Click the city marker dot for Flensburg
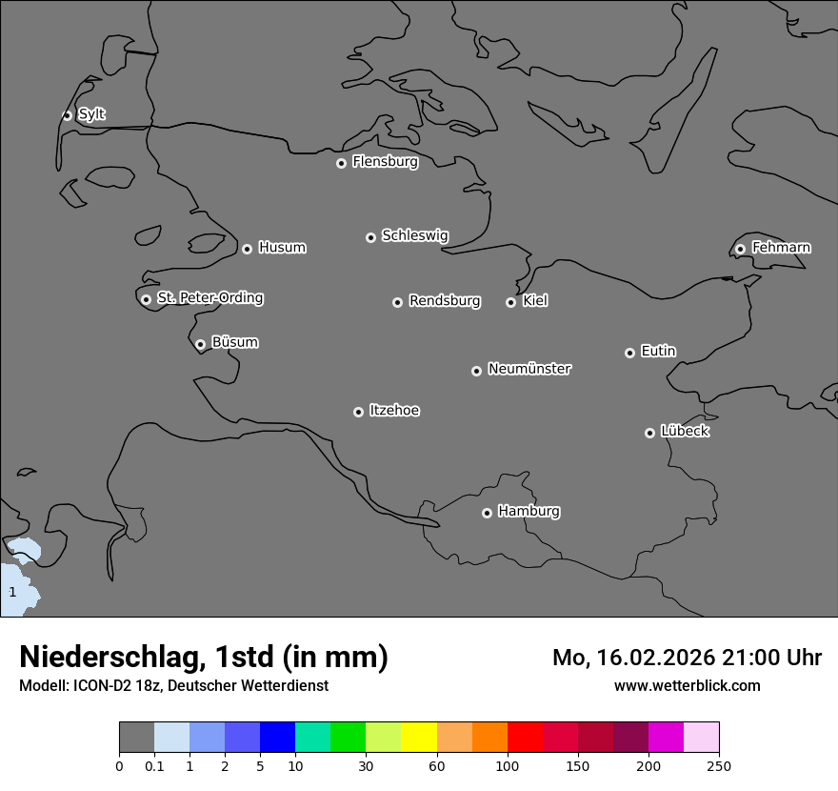pyautogui.click(x=341, y=163)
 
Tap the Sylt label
pyautogui.click(x=91, y=114)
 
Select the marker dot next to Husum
pyautogui.click(x=247, y=249)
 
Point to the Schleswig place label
pyautogui.click(x=414, y=235)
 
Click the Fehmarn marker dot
pyautogui.click(x=740, y=249)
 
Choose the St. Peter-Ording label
pyautogui.click(x=209, y=298)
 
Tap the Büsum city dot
pyautogui.click(x=200, y=344)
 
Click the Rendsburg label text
pyautogui.click(x=445, y=301)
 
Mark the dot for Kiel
pyautogui.click(x=510, y=302)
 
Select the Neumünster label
pyautogui.click(x=529, y=369)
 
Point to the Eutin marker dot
pyautogui.click(x=629, y=353)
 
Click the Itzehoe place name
pyautogui.click(x=394, y=411)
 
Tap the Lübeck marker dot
pyautogui.click(x=649, y=433)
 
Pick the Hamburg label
pyautogui.click(x=529, y=512)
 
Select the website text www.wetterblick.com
pyautogui.click(x=687, y=685)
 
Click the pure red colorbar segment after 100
pyautogui.click(x=525, y=738)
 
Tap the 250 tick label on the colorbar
pyautogui.click(x=718, y=765)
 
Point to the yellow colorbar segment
pyautogui.click(x=419, y=738)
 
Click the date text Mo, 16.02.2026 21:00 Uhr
pyautogui.click(x=687, y=658)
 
